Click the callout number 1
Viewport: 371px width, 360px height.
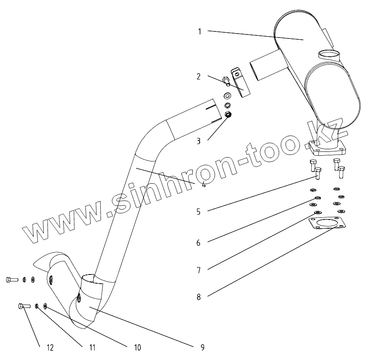(200, 31)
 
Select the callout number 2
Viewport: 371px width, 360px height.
(198, 77)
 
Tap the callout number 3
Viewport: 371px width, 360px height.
(198, 141)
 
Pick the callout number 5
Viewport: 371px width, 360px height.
(198, 212)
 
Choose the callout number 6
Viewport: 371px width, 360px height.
(198, 243)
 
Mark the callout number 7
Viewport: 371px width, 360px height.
(198, 271)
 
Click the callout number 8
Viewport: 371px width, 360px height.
(198, 297)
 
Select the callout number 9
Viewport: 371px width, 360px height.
(202, 347)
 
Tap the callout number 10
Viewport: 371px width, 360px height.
(137, 348)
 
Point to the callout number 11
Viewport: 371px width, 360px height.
(92, 348)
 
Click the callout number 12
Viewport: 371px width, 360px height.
(50, 348)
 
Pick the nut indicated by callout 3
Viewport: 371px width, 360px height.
(228, 115)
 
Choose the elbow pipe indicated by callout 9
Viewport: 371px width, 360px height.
(89, 301)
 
